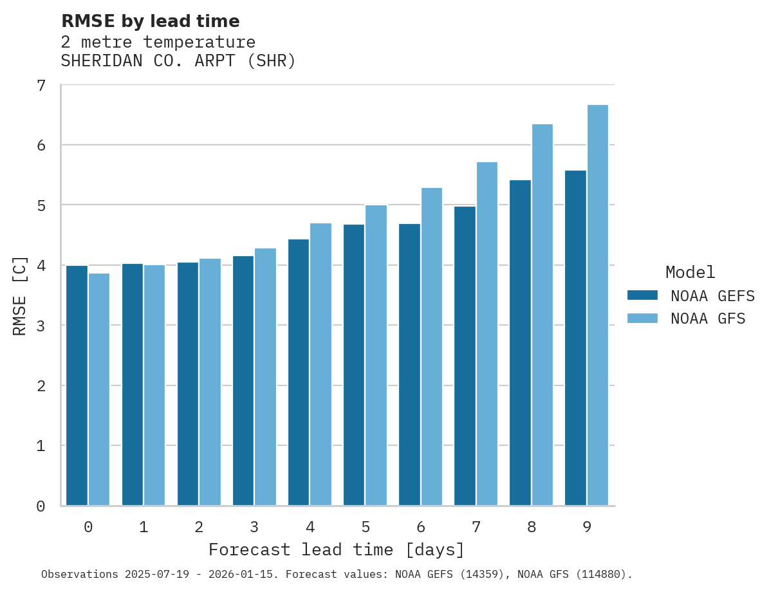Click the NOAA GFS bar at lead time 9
(x=598, y=305)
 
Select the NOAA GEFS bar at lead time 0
(x=77, y=385)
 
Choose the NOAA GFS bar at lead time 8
(x=542, y=315)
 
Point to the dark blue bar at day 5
(x=354, y=365)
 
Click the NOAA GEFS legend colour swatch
(x=642, y=295)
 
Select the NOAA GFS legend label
(x=708, y=319)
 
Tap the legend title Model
(x=690, y=272)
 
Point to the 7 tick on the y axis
(x=41, y=86)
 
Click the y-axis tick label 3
(x=41, y=326)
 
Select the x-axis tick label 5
(x=366, y=527)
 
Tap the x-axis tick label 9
(x=587, y=527)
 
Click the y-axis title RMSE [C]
(x=20, y=295)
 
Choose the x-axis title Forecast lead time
(x=336, y=550)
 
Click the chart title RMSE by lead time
(x=150, y=21)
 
